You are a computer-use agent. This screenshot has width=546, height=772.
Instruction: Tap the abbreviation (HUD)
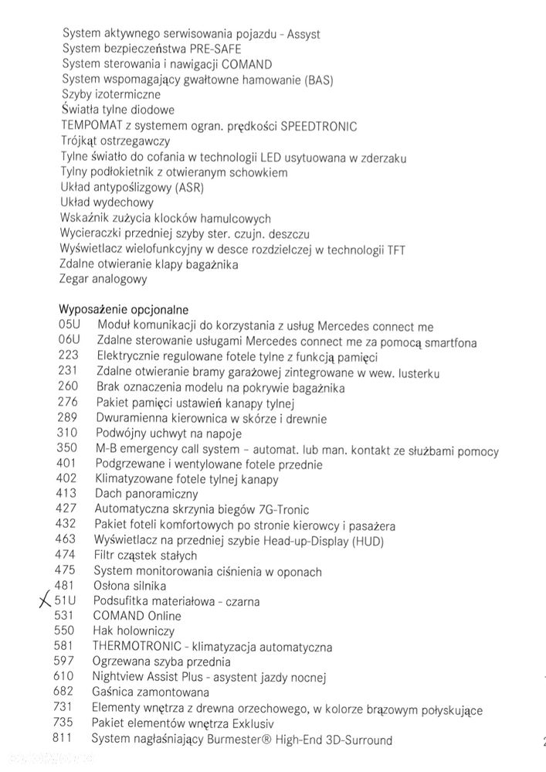pyautogui.click(x=362, y=540)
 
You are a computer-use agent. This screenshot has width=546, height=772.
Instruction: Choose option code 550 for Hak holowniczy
pyautogui.click(x=66, y=631)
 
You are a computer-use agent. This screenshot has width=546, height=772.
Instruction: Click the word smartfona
pyautogui.click(x=447, y=342)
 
